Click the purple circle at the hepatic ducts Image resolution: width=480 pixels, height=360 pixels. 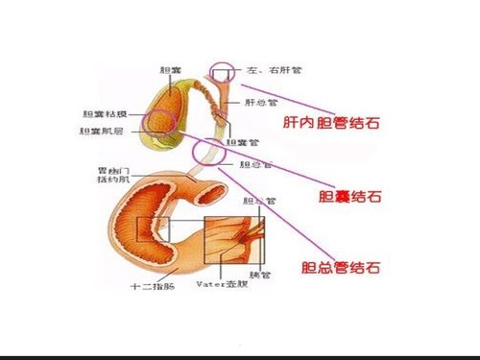[x=223, y=72]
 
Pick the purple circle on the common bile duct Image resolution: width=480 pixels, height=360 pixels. [x=208, y=152]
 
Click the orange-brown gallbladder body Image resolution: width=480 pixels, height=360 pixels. [x=171, y=100]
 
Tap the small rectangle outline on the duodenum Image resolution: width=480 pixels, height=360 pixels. [x=152, y=229]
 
